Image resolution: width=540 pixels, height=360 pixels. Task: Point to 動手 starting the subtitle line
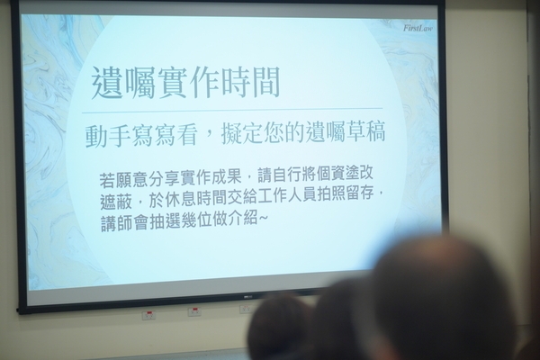pos(101,135)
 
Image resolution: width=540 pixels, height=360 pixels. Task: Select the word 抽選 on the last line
pos(173,219)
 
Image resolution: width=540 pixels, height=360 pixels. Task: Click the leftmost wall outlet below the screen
pos(148,315)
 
